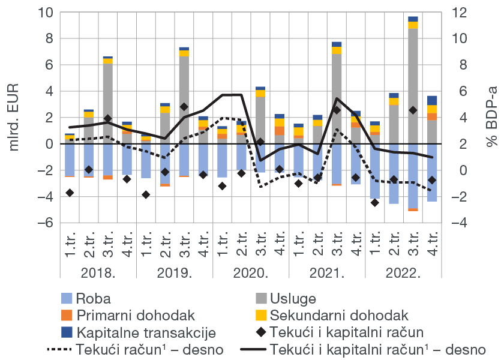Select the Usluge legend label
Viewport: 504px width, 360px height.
pos(293,299)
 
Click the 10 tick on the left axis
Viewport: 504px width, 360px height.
pos(47,12)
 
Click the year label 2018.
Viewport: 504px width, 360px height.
pos(98,274)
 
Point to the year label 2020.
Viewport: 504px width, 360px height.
pos(251,274)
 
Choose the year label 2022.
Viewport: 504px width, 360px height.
pos(403,274)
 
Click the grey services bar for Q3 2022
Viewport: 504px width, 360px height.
pos(413,84)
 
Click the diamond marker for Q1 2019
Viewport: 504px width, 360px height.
pos(146,194)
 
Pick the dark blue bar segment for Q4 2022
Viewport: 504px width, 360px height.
pos(432,100)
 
